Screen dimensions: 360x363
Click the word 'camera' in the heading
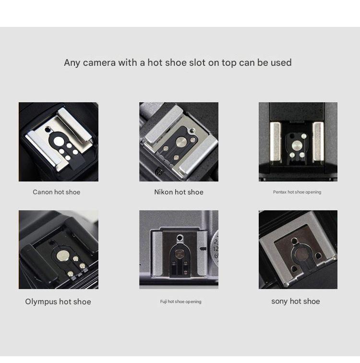coord(99,63)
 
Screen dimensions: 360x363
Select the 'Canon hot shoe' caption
coord(57,192)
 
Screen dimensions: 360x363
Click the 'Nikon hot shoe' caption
coord(179,192)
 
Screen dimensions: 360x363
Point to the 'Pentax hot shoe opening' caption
coord(297,192)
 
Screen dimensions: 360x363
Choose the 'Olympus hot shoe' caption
coord(58,302)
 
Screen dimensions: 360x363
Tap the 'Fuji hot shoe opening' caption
coord(180,302)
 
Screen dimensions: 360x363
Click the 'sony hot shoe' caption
coord(296,302)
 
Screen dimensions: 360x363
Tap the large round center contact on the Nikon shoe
coord(181,142)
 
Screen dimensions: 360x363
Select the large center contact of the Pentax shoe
coord(296,145)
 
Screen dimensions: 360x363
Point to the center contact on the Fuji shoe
coord(179,254)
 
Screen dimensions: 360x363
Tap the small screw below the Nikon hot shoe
coord(159,172)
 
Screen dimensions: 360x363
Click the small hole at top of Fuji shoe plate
coord(180,238)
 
